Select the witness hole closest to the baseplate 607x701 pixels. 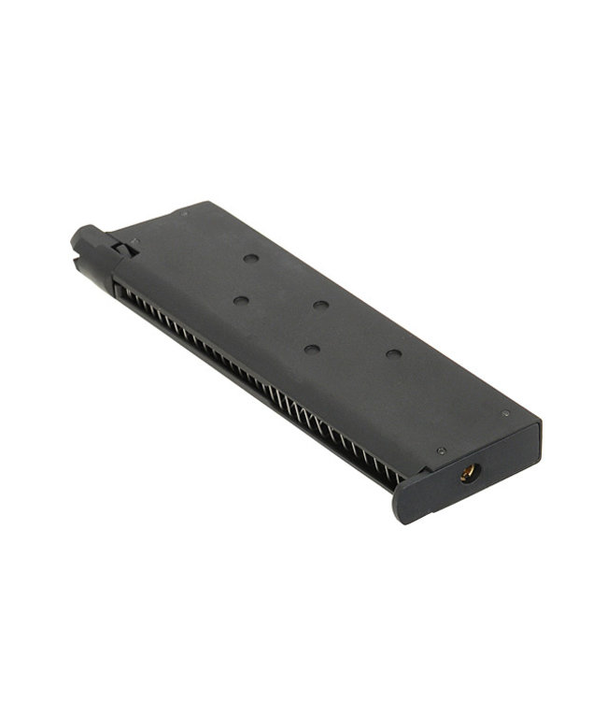(393, 354)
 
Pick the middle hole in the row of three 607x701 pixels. (321, 305)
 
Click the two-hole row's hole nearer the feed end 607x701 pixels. (241, 300)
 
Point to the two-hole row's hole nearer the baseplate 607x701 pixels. (311, 349)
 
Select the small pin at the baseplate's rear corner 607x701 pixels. (505, 412)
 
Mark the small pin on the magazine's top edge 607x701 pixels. (184, 213)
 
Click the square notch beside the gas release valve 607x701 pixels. (123, 248)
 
